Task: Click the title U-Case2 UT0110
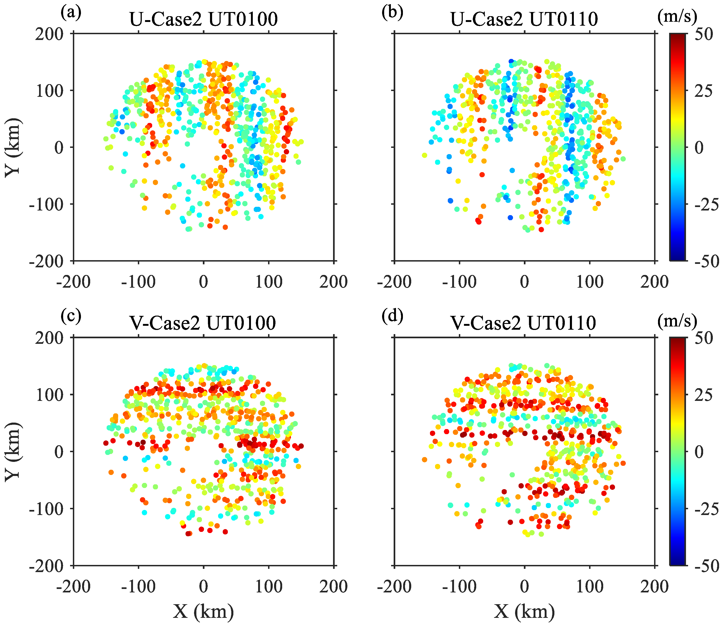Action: [x=524, y=19]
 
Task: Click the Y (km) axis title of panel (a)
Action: [x=13, y=148]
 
